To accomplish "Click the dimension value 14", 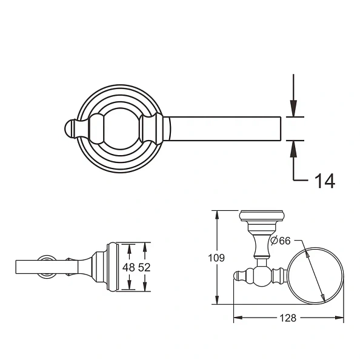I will pos(322,180).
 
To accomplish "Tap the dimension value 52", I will pos(144,267).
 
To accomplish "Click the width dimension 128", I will pos(289,319).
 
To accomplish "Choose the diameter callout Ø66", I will pos(282,241).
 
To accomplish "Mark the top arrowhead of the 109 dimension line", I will pos(215,214).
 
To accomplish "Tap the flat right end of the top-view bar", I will pos(281,128).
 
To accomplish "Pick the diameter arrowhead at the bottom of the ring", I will pos(324,298).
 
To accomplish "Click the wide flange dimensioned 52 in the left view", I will pos(112,267).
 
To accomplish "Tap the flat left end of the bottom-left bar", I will pos(16,267).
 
